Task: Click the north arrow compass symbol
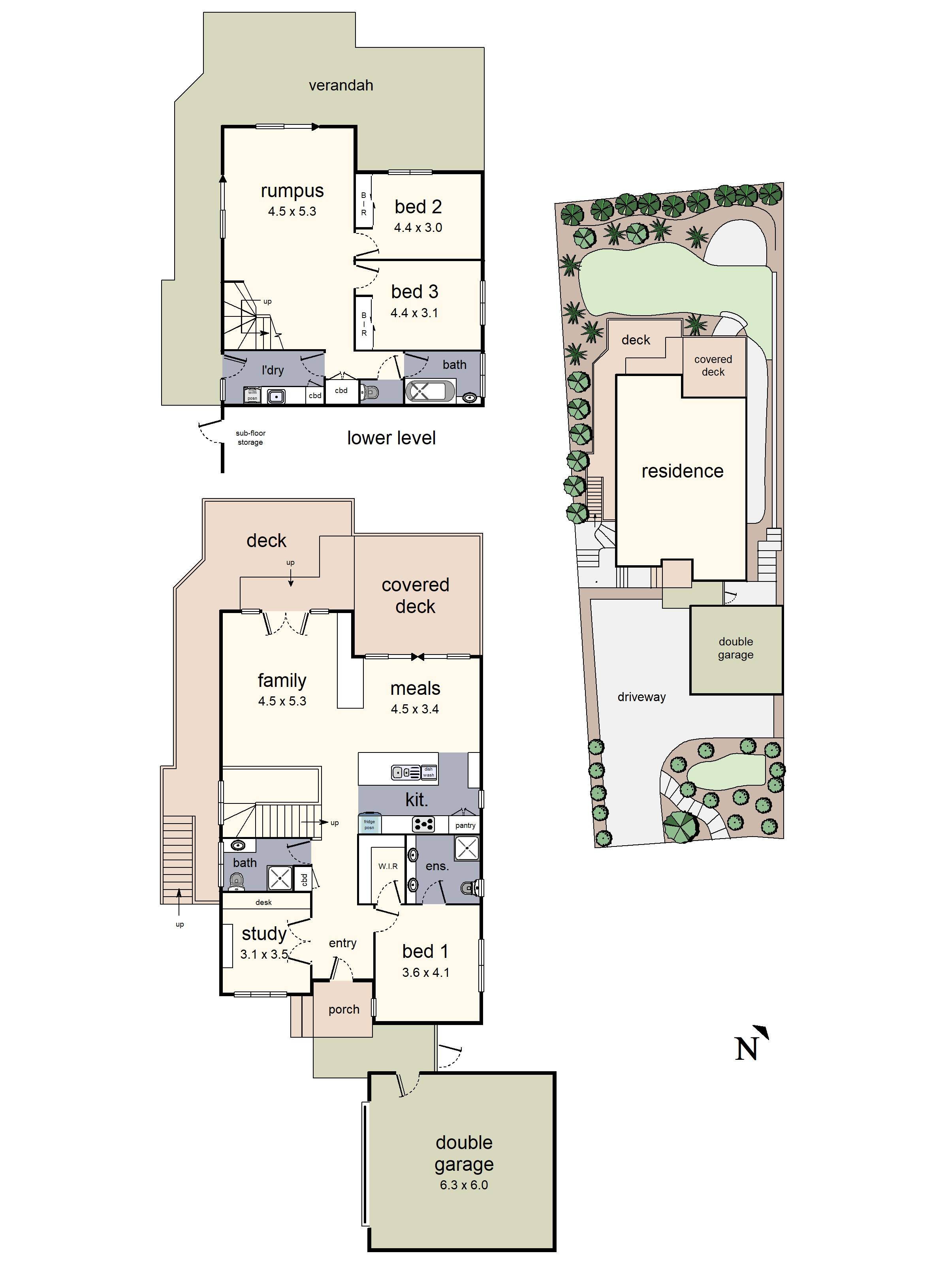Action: [750, 1044]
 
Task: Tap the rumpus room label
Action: [292, 191]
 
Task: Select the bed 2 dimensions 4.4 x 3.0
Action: [418, 228]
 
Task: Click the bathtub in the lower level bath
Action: [430, 392]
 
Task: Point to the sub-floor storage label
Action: [250, 438]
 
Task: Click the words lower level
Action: [391, 438]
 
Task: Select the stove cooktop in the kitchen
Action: [423, 824]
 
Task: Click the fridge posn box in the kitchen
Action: [370, 824]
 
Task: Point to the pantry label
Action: [465, 825]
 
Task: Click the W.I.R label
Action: [387, 866]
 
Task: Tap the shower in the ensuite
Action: [466, 848]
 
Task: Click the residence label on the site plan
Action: [682, 471]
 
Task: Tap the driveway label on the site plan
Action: [641, 697]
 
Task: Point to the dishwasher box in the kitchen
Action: [429, 772]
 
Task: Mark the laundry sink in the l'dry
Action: [276, 395]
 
